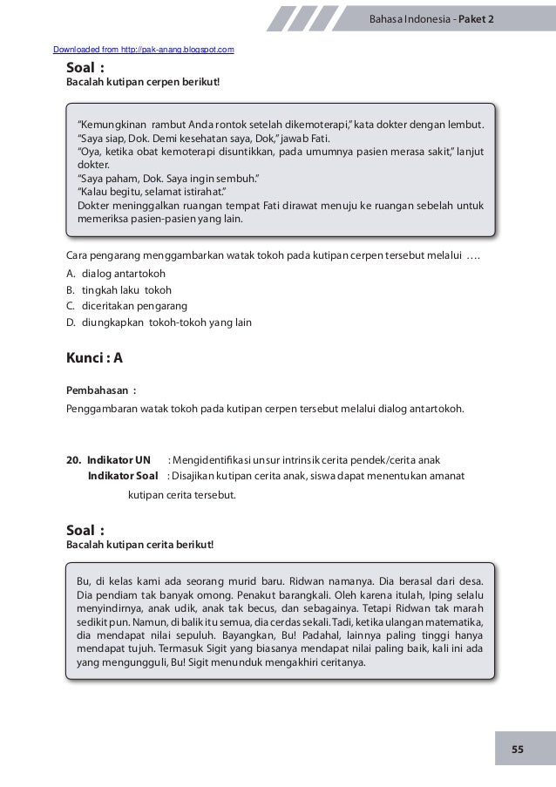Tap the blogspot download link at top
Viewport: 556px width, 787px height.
[x=143, y=50]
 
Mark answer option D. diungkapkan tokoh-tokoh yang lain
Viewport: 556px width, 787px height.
[x=159, y=322]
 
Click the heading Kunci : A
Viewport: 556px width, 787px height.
[x=95, y=358]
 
